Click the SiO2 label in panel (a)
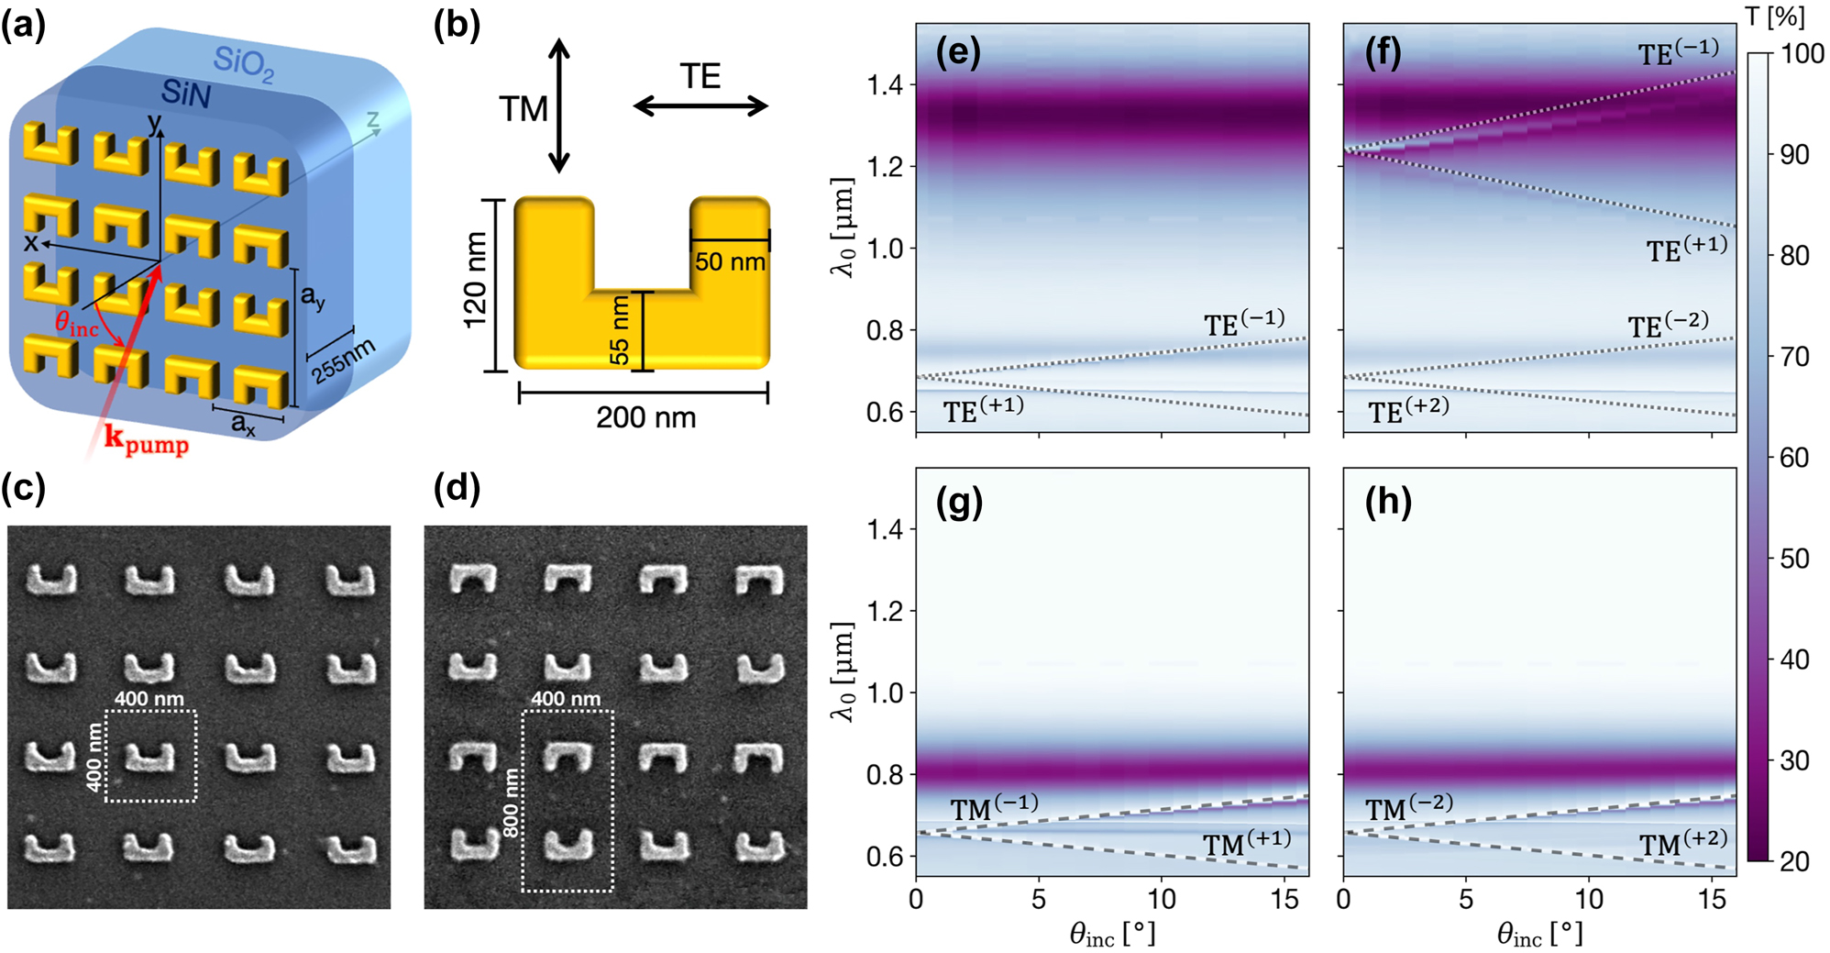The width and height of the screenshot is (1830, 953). [x=243, y=64]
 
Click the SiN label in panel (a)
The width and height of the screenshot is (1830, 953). [x=185, y=93]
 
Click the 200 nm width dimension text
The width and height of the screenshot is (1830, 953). [x=645, y=418]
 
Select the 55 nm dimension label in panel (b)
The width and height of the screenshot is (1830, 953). [x=620, y=329]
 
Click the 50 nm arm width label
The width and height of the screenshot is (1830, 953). [x=730, y=262]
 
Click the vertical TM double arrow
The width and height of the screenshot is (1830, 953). [x=559, y=106]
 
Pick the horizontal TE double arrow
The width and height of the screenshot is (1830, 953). [x=700, y=106]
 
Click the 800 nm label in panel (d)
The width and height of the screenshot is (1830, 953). [x=511, y=803]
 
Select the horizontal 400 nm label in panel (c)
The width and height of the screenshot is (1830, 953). [x=149, y=698]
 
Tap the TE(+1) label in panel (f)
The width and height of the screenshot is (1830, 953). [x=1686, y=249]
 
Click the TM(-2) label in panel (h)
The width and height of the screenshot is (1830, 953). [x=1409, y=808]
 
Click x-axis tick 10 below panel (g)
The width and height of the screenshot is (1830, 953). [x=1162, y=900]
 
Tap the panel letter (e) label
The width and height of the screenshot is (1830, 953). [x=958, y=52]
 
